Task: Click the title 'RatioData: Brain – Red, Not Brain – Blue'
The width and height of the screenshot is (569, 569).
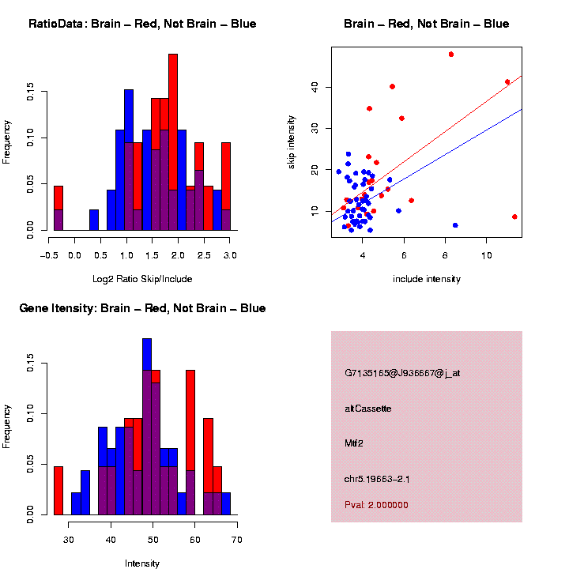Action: click(x=142, y=24)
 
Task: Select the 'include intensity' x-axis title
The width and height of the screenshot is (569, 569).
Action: click(x=426, y=278)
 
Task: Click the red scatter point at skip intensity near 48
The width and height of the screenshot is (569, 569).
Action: click(x=450, y=55)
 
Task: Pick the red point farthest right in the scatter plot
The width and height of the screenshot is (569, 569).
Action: click(x=514, y=217)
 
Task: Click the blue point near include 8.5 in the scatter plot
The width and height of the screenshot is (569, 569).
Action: click(x=455, y=225)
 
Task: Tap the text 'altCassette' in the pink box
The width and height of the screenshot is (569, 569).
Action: click(x=368, y=409)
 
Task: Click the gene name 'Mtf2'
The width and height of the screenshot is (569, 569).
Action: click(x=354, y=444)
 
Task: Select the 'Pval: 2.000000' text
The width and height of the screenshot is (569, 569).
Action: click(x=376, y=505)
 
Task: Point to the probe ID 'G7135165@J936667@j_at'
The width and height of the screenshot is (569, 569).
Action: click(x=402, y=373)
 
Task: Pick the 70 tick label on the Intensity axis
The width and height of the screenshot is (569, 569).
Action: click(x=237, y=539)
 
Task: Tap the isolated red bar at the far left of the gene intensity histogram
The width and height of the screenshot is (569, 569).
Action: click(x=58, y=490)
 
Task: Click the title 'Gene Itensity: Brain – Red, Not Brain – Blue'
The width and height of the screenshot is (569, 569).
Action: click(x=142, y=308)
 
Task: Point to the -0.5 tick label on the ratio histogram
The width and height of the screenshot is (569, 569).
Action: click(x=48, y=254)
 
